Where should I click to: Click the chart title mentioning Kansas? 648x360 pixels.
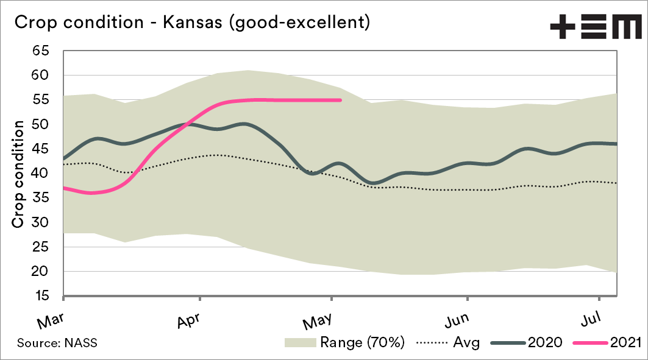click(191, 23)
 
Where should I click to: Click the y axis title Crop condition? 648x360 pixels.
click(19, 174)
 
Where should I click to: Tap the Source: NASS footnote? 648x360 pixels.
click(57, 343)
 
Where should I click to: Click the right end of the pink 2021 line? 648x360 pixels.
click(340, 100)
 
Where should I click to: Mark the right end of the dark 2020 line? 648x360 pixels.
click(617, 144)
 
